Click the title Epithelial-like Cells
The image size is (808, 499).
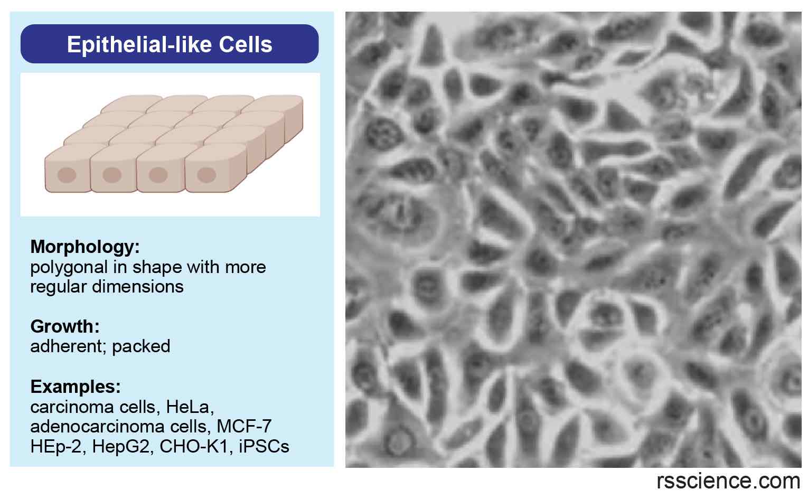click(170, 44)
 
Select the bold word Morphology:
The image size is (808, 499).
click(85, 247)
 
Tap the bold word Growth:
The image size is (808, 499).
click(65, 326)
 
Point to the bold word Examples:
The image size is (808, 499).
click(76, 387)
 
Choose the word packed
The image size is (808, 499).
click(141, 346)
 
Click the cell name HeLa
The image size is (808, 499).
click(189, 407)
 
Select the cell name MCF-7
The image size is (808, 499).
click(244, 426)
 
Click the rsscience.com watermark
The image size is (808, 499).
click(728, 482)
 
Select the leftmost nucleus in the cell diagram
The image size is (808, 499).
click(67, 175)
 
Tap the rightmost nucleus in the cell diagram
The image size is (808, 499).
click(206, 174)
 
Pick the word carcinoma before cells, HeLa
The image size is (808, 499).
click(67, 407)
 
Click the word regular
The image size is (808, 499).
click(59, 287)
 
